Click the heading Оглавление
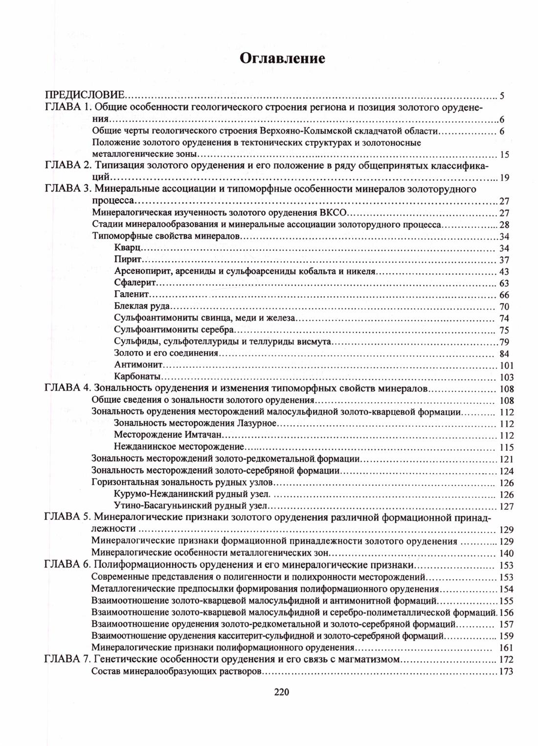(x=283, y=59)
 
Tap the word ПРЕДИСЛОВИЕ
(x=84, y=94)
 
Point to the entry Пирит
(x=128, y=260)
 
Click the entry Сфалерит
(x=135, y=283)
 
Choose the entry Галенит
(x=132, y=295)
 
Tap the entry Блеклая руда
(x=142, y=307)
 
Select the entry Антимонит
(x=138, y=365)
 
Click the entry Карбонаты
(x=137, y=377)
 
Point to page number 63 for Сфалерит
(x=504, y=284)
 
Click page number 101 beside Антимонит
(x=506, y=366)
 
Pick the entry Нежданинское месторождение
(x=179, y=447)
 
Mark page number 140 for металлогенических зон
(x=507, y=553)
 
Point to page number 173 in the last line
(x=506, y=672)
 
